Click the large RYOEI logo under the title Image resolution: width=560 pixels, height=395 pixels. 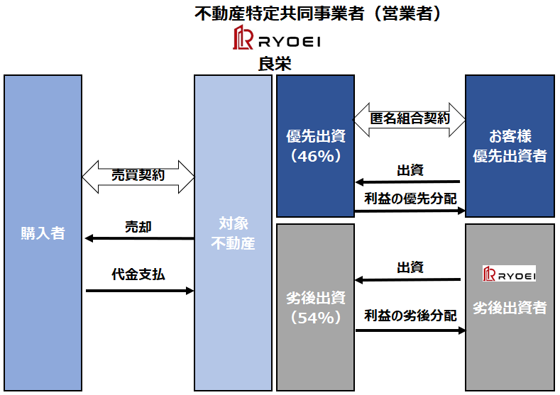tap(278, 39)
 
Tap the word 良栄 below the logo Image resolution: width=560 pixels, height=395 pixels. tap(276, 64)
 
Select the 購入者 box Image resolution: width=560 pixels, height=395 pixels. tap(43, 233)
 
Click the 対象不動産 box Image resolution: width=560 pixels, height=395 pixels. tap(234, 233)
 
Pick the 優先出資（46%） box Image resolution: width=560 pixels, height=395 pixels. tap(314, 145)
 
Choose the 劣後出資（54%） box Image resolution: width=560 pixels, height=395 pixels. tap(314, 307)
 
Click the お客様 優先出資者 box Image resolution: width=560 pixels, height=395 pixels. tap(510, 145)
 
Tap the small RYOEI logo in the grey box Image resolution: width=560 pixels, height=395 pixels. tap(509, 274)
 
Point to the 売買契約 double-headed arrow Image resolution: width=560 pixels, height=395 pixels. tap(138, 176)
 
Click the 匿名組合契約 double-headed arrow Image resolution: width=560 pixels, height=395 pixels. tap(410, 118)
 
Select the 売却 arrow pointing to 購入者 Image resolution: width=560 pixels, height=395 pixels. tap(139, 238)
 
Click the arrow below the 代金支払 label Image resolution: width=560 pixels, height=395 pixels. tap(139, 290)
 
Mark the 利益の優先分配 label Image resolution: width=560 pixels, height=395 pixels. tap(410, 199)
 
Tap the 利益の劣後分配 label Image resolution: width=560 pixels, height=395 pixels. tap(410, 316)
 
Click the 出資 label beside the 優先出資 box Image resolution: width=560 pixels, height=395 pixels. tap(410, 170)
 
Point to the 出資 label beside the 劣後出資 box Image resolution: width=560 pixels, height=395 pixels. tap(410, 267)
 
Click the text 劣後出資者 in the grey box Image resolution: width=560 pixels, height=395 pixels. tap(510, 308)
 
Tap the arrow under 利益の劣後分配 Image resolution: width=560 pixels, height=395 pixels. tap(410, 330)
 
